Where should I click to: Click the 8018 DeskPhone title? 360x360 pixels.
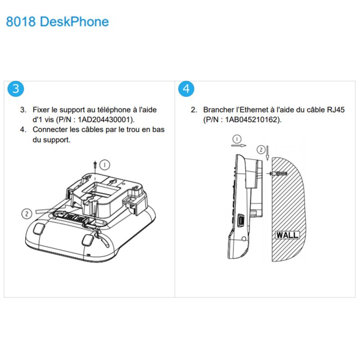(x=57, y=22)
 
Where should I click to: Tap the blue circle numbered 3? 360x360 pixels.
(x=16, y=89)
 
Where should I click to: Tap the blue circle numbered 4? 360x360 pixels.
(x=186, y=89)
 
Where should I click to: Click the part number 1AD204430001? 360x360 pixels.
(x=106, y=119)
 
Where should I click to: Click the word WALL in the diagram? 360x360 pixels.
(x=287, y=235)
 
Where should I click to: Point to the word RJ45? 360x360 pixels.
(x=335, y=110)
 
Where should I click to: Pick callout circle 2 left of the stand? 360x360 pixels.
(x=27, y=213)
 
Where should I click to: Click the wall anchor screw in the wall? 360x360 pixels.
(x=278, y=174)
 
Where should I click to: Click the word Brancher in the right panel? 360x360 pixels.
(x=218, y=110)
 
